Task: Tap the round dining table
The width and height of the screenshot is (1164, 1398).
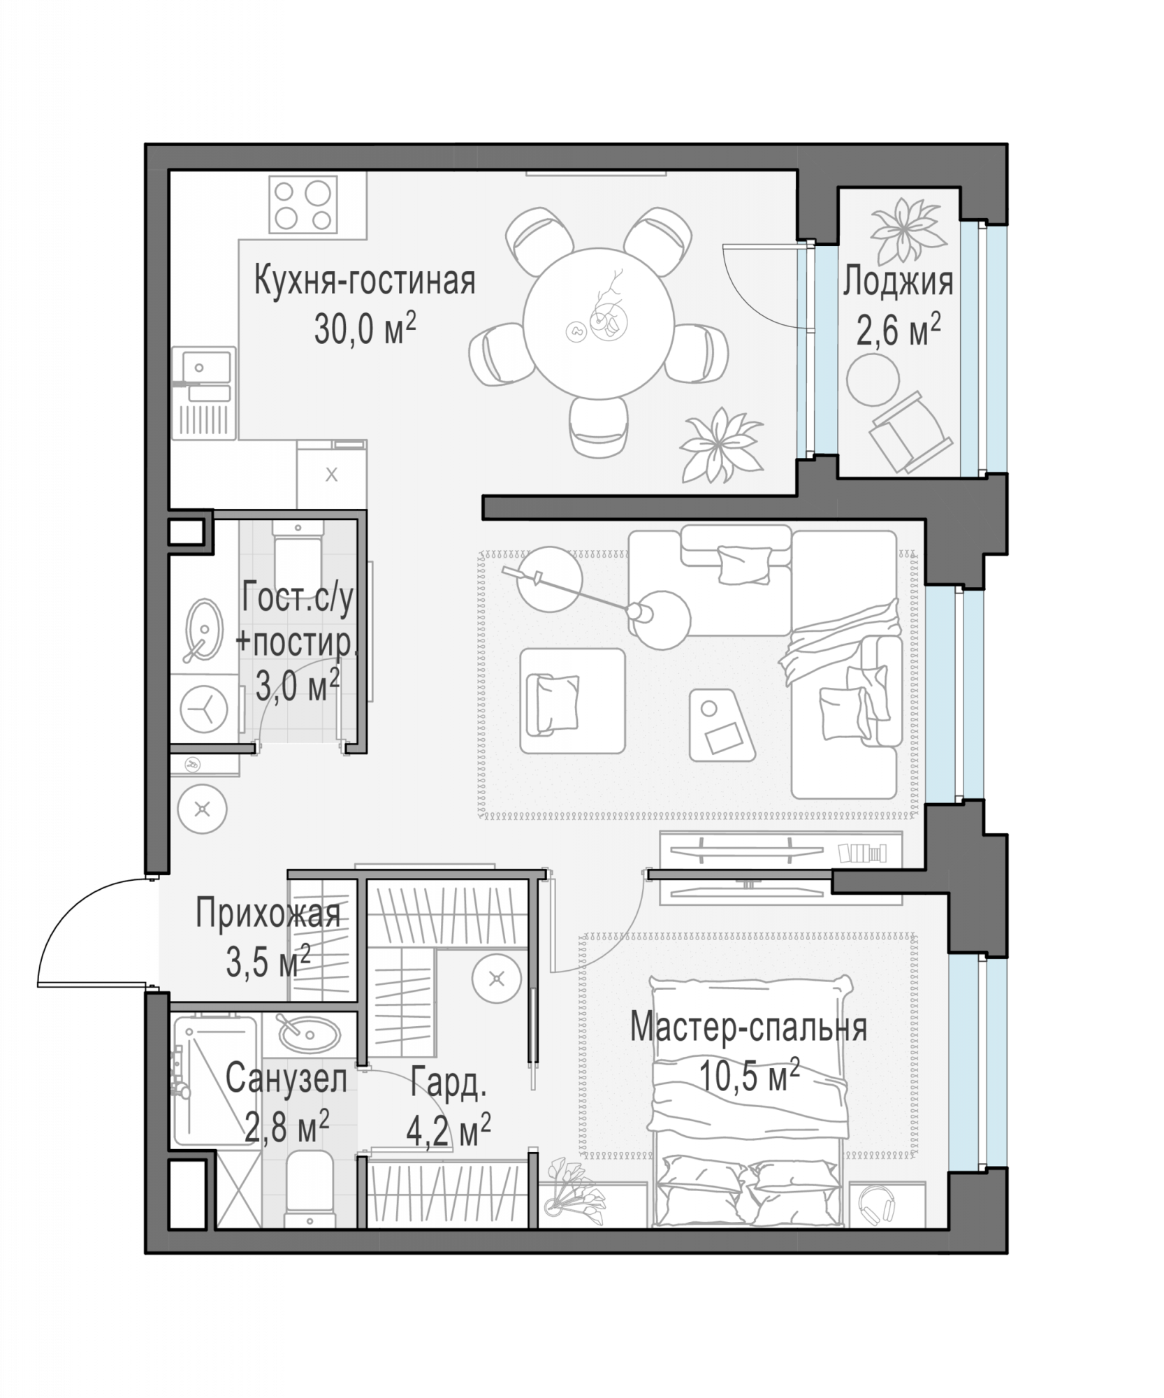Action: [x=599, y=324]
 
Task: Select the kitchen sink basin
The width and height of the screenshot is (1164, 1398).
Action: [x=206, y=366]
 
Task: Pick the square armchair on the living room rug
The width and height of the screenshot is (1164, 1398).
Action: [x=572, y=701]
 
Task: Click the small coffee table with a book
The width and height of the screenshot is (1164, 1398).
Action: [x=722, y=726]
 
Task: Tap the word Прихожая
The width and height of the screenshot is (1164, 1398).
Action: [x=268, y=914]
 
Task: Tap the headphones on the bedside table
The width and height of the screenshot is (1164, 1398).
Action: [x=877, y=1204]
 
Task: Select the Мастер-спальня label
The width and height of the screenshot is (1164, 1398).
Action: [x=749, y=1028]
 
